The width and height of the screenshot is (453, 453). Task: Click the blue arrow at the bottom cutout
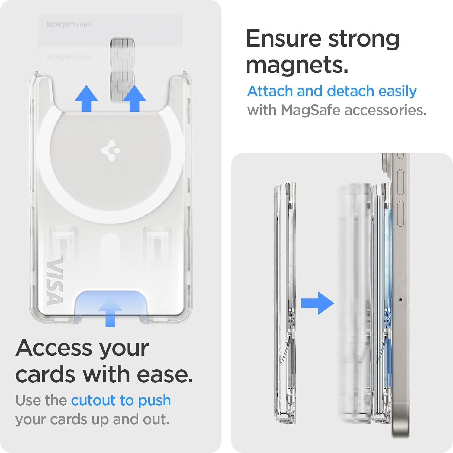(x=110, y=311)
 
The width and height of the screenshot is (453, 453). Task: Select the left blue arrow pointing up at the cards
(x=86, y=98)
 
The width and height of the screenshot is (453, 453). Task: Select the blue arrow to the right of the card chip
(x=134, y=98)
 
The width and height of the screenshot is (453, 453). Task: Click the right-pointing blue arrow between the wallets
(x=317, y=303)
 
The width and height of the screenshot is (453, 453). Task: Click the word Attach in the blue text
(x=270, y=91)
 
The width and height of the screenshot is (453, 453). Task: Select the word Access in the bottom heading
(x=54, y=348)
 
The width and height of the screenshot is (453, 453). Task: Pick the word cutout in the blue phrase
(x=93, y=400)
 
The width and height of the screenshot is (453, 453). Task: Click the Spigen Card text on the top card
(x=69, y=24)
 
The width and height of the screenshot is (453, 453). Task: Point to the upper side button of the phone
(x=400, y=182)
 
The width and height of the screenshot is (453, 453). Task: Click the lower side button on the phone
(x=400, y=214)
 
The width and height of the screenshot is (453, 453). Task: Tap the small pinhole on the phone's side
(x=400, y=300)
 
